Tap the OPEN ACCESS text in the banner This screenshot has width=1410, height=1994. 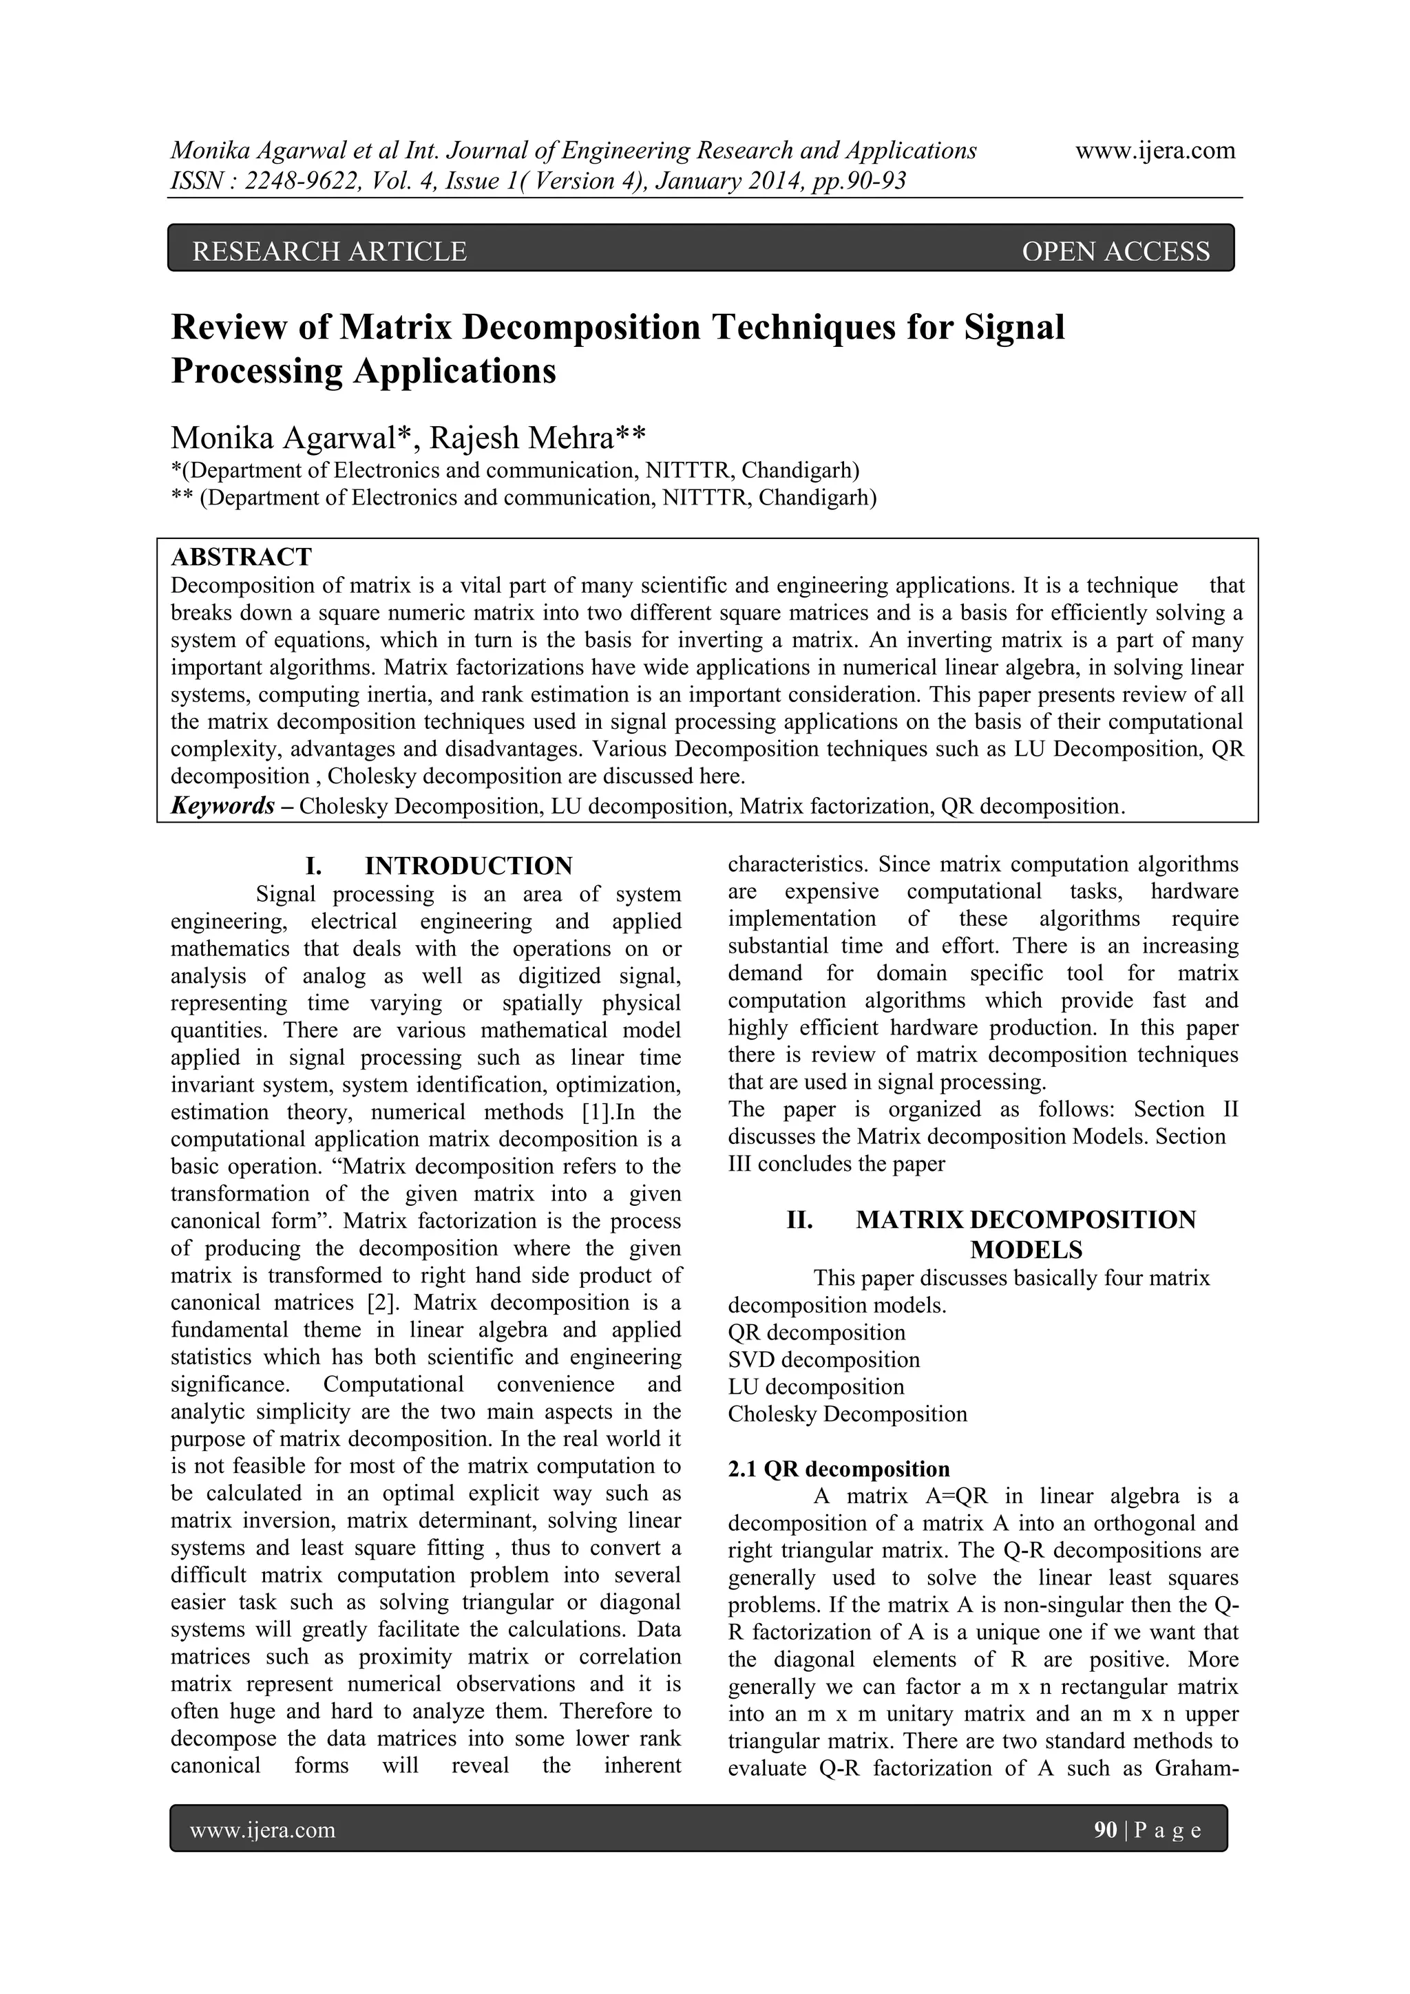click(1115, 252)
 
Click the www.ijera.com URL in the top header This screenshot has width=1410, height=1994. click(1155, 151)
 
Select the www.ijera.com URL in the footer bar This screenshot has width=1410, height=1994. click(262, 1831)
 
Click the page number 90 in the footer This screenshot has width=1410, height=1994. click(1105, 1831)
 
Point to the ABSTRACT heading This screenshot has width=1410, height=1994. click(242, 557)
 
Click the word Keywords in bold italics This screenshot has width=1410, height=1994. click(223, 806)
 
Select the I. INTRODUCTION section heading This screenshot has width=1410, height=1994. click(439, 866)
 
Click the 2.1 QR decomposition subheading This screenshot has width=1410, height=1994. click(839, 1470)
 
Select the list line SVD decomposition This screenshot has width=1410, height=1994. click(823, 1360)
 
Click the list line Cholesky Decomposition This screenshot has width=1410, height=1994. click(847, 1414)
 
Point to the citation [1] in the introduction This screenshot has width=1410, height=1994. click(596, 1112)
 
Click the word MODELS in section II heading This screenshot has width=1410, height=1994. click(1026, 1250)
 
